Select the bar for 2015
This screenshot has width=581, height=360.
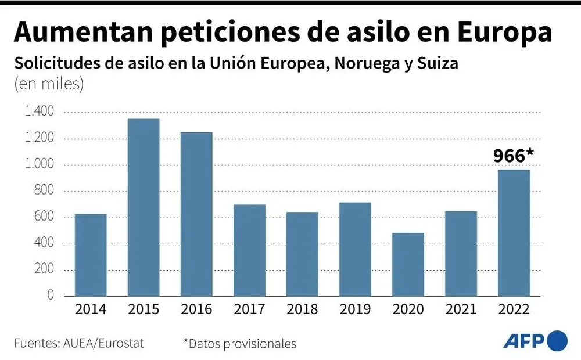pos(144,207)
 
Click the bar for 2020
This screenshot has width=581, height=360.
pos(408,264)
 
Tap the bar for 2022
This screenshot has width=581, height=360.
pos(514,232)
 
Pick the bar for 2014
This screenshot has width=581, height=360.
pos(91,255)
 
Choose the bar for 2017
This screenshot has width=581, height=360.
pos(249,250)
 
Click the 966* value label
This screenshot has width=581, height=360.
pos(514,156)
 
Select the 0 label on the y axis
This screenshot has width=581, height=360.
pos(51,296)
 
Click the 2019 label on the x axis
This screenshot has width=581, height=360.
pos(355,309)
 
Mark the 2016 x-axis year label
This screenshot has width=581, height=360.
pos(196,309)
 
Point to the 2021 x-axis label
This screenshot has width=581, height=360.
pos(461,309)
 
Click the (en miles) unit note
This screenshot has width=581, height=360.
pos(49,84)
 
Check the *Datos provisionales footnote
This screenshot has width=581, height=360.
pos(239,343)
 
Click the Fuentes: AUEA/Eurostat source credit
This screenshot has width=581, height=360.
pos(79,343)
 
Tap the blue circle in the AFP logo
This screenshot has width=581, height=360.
pos(557,340)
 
